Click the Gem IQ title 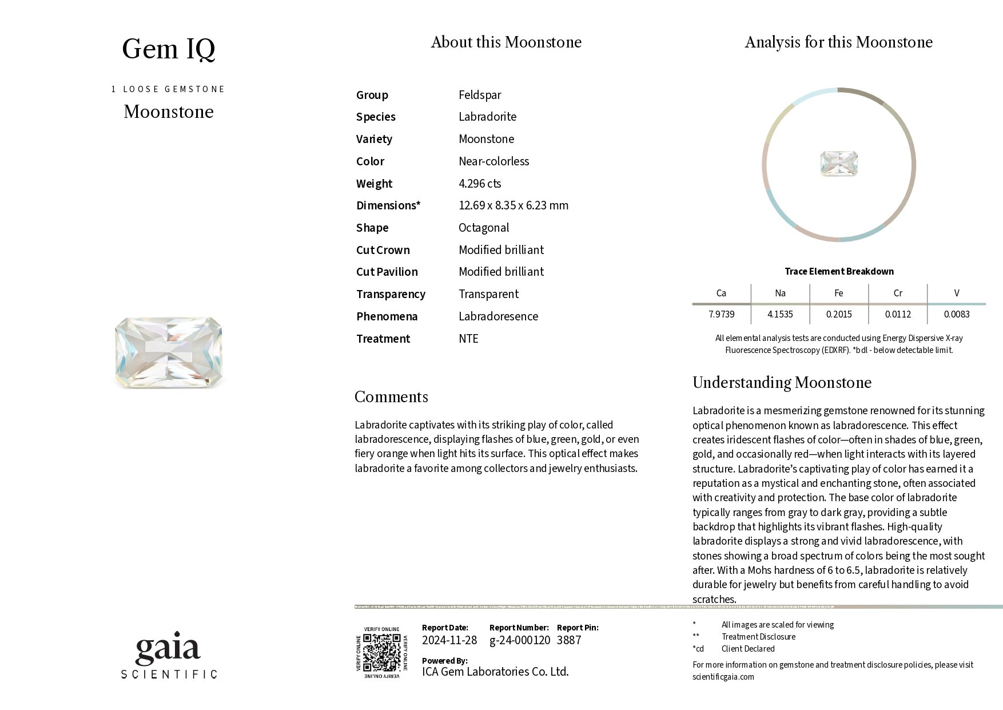tap(169, 49)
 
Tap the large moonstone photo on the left tap(169, 352)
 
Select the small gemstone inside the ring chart tap(839, 164)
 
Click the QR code tap(382, 653)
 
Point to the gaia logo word tap(168, 649)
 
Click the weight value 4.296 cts tap(480, 184)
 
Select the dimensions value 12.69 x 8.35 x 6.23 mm tap(514, 205)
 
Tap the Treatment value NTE tap(468, 339)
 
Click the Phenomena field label tap(387, 316)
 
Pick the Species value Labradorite tap(487, 117)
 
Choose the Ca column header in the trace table tap(721, 293)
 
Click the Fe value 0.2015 tap(839, 314)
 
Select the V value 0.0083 tap(957, 314)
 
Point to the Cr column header tap(898, 293)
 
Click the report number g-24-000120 tap(520, 640)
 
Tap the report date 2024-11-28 tap(449, 640)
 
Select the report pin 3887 tap(569, 640)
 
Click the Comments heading tap(391, 397)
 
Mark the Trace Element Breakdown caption tap(839, 271)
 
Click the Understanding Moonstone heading tap(782, 383)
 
